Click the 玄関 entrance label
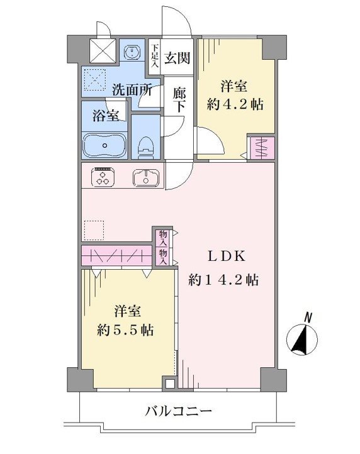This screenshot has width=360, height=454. click(177, 58)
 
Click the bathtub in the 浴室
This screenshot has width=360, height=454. click(104, 145)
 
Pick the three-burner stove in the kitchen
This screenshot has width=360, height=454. click(103, 177)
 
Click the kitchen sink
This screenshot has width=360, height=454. click(146, 177)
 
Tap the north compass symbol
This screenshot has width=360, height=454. click(301, 337)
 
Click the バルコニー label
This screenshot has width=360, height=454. click(178, 411)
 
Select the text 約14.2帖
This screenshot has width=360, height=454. click(223, 280)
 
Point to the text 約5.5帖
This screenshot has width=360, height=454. click(125, 329)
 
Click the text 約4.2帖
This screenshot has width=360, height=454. click(235, 104)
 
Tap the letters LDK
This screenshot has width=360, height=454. click(227, 257)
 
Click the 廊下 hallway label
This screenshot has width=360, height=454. click(179, 99)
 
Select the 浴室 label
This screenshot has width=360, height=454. click(106, 116)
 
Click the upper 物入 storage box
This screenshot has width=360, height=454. click(163, 238)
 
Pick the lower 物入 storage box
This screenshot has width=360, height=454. click(163, 257)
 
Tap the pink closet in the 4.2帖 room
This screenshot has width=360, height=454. click(262, 148)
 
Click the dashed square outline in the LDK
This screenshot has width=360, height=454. click(94, 231)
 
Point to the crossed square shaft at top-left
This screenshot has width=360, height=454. click(103, 51)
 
